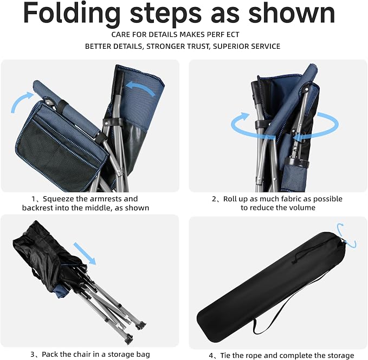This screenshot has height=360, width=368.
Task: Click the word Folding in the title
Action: [72, 14]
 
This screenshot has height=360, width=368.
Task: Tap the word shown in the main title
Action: [292, 13]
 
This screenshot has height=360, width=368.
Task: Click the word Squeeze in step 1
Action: [58, 199]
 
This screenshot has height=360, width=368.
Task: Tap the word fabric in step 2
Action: [290, 199]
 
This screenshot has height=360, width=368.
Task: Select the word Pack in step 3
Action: [50, 354]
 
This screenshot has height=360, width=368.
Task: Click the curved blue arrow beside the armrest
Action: [21, 100]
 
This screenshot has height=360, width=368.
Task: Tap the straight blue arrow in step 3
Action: [85, 254]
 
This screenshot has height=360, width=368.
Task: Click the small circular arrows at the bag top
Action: [347, 236]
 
